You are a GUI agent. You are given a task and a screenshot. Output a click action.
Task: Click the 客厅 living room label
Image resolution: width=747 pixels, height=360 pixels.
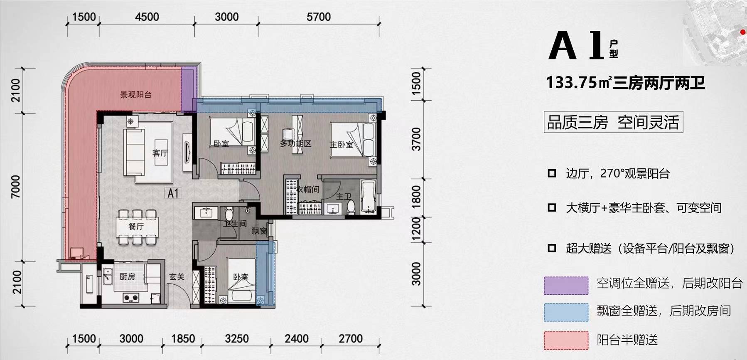point(160,153)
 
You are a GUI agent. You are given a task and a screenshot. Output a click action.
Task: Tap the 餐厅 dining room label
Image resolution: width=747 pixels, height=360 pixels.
point(136,227)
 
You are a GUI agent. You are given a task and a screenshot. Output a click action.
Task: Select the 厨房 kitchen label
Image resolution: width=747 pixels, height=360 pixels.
point(127,276)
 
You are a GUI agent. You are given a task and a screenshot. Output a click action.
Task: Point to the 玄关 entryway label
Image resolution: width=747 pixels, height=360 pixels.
point(177,276)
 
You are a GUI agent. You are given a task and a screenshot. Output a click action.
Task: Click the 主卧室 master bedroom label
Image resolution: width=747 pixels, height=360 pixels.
point(342,144)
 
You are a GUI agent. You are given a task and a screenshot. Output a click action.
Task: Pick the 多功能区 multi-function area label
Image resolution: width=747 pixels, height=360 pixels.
point(295,143)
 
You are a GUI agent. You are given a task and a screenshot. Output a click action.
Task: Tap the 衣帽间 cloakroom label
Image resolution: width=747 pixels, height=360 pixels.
point(308,190)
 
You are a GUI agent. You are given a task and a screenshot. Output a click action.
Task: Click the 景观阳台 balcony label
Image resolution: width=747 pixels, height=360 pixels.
point(136,95)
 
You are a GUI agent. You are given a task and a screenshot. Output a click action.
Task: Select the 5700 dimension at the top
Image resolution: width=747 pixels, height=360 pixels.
point(319,17)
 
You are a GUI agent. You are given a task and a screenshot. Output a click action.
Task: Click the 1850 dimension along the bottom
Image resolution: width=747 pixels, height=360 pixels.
point(183,339)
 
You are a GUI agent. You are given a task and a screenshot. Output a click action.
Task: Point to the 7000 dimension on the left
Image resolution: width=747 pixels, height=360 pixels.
point(15,187)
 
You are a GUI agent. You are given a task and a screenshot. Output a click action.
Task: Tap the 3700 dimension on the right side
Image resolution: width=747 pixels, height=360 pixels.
point(416,139)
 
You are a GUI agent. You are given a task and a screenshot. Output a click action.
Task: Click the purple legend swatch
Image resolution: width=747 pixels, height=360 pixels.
point(566,286)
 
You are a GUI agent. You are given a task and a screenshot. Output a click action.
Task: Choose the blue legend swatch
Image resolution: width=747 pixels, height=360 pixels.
point(566,312)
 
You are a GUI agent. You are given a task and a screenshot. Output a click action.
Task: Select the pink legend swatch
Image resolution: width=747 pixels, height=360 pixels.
point(566,340)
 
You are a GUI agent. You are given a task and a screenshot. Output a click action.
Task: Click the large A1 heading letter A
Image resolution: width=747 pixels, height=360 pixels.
point(563,46)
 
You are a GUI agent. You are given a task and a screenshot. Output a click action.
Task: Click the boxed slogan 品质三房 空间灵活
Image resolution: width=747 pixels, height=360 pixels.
point(613,122)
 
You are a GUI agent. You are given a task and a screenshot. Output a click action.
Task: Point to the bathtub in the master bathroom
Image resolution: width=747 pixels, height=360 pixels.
point(368,196)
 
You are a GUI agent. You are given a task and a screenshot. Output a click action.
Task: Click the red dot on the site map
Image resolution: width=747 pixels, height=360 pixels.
point(743,32)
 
